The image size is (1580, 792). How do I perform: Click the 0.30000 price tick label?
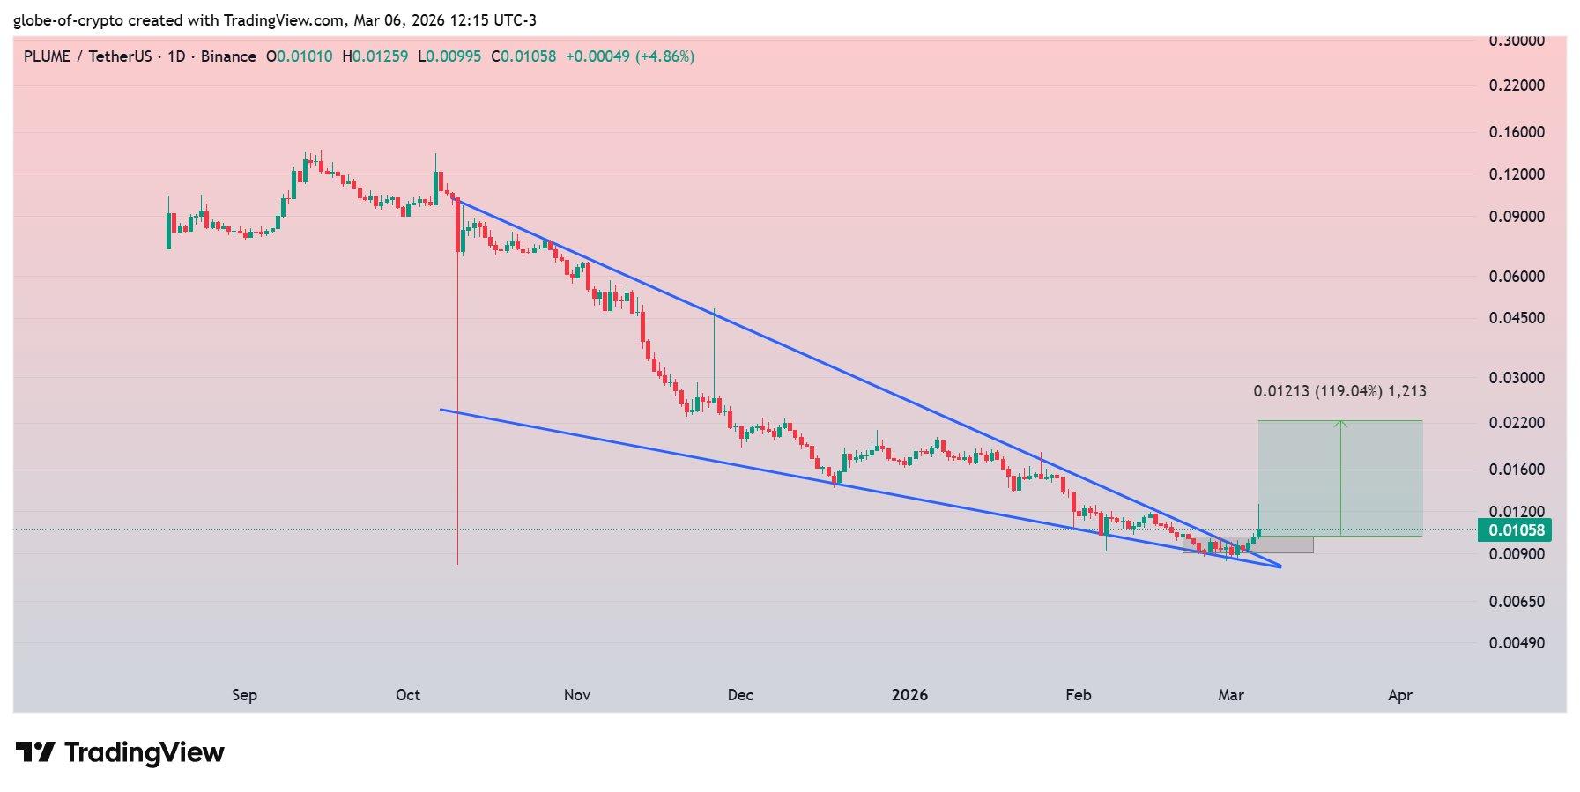[1517, 41]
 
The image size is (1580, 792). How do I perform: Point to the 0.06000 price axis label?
[1517, 276]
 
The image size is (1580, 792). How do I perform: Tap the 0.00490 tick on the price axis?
[1517, 643]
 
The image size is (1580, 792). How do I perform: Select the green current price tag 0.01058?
[1515, 529]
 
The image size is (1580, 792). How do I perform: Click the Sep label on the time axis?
[244, 695]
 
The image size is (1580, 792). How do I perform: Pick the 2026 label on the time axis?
[909, 695]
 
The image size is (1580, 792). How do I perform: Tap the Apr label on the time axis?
[1399, 695]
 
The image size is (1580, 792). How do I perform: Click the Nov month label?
[576, 695]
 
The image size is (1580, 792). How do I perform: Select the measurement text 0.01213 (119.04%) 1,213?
[1339, 391]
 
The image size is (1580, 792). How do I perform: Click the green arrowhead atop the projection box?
[1340, 424]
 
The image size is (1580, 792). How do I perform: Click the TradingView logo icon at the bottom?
[36, 753]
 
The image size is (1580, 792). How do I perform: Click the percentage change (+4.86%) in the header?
[666, 56]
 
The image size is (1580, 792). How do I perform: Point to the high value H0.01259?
[375, 56]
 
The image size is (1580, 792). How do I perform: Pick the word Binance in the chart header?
[228, 56]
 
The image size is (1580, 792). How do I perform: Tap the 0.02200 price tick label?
[1517, 424]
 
